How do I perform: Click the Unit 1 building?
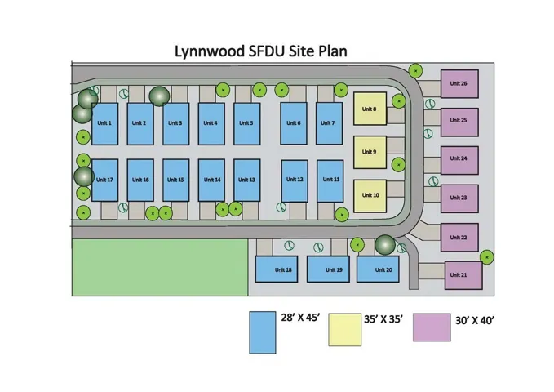point(104,123)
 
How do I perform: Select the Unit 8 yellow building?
point(370,109)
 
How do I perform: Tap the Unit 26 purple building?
point(458,84)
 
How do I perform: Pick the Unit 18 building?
point(283,269)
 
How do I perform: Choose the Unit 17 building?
point(104,180)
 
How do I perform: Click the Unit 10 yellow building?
point(370,195)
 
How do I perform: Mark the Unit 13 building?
point(247,180)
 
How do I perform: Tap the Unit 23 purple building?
point(458,198)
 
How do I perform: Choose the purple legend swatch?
point(432,327)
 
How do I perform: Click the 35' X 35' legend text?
point(386,321)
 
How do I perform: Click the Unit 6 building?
point(294,123)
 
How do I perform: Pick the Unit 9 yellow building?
point(370,152)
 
